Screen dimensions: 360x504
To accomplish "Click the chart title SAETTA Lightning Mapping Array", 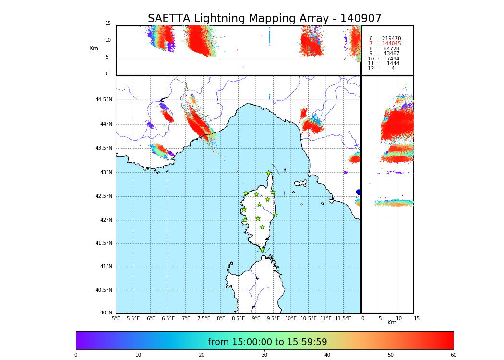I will click(264, 19).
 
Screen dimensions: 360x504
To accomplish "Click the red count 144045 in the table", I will click(391, 44).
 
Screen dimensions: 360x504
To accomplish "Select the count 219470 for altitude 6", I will click(391, 39).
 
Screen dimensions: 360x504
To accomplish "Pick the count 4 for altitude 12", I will click(393, 69).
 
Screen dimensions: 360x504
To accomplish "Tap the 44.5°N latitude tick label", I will click(104, 100).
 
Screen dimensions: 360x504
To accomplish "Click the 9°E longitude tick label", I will click(256, 318).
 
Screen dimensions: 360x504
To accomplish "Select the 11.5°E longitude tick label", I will click(343, 318).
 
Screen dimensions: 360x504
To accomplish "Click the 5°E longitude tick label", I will click(116, 318).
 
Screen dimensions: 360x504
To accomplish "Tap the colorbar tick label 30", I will click(264, 355).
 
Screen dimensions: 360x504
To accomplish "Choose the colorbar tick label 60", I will click(453, 355).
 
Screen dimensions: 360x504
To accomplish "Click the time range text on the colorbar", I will click(267, 342).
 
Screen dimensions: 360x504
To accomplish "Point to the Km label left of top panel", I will click(94, 48).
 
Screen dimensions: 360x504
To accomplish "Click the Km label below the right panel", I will click(392, 323).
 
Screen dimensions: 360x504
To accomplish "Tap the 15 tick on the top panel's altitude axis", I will click(108, 24).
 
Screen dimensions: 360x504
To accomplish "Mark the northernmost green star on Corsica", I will click(269, 173).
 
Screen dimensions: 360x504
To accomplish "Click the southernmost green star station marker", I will click(262, 250).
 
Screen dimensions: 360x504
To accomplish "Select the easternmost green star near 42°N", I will click(275, 215).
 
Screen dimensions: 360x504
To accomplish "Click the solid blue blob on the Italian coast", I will click(359, 192).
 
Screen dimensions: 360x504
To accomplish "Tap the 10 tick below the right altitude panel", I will click(399, 318).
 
